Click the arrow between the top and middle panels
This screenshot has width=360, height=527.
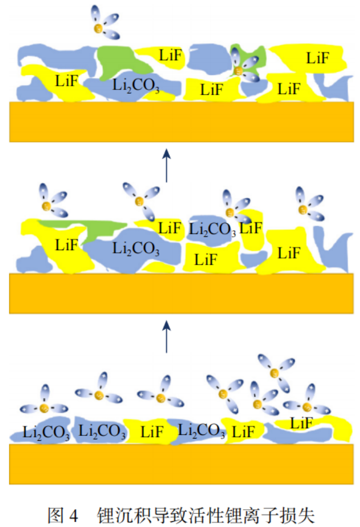click(x=166, y=165)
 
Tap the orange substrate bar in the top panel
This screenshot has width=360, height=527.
click(x=181, y=121)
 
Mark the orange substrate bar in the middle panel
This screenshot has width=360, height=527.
click(x=181, y=293)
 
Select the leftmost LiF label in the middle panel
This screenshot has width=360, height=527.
click(x=66, y=244)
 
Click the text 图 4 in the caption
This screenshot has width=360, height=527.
click(x=63, y=515)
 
